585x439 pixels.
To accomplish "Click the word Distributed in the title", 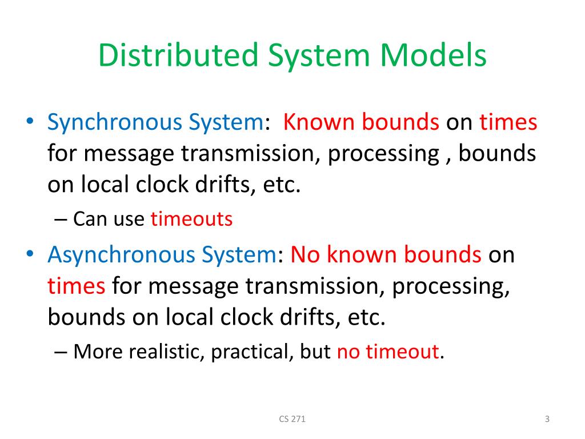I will [174, 57].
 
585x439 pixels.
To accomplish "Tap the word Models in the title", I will [435, 57].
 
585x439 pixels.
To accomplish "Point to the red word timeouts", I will [191, 219].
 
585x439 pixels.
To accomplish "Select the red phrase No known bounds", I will [386, 255].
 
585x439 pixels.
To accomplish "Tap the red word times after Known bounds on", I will [508, 123].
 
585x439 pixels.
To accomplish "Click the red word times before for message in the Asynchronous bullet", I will [77, 286].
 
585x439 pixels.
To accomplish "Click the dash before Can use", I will [63, 220].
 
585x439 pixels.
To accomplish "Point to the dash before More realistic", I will [63, 352].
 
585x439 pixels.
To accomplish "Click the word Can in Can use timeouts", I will [87, 219].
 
